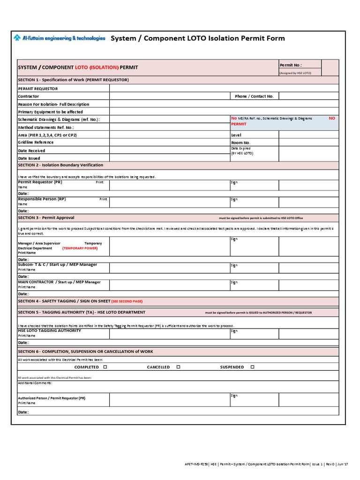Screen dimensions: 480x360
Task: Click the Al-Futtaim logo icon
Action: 17,38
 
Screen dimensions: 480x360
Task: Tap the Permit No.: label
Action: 291,65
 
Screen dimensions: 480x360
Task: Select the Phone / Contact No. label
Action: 254,96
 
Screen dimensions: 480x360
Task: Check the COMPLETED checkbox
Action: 105,367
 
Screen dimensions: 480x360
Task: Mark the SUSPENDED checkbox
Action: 252,367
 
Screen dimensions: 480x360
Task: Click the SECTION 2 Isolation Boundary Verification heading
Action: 60,165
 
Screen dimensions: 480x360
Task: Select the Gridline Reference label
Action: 36,142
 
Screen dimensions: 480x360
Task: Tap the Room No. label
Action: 241,142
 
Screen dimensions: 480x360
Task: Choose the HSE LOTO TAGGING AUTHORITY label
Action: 49,330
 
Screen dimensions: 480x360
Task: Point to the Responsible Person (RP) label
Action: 42,199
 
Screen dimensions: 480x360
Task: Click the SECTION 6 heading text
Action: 85,351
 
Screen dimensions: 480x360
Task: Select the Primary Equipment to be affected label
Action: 50,112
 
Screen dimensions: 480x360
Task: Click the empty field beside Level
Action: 308,135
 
